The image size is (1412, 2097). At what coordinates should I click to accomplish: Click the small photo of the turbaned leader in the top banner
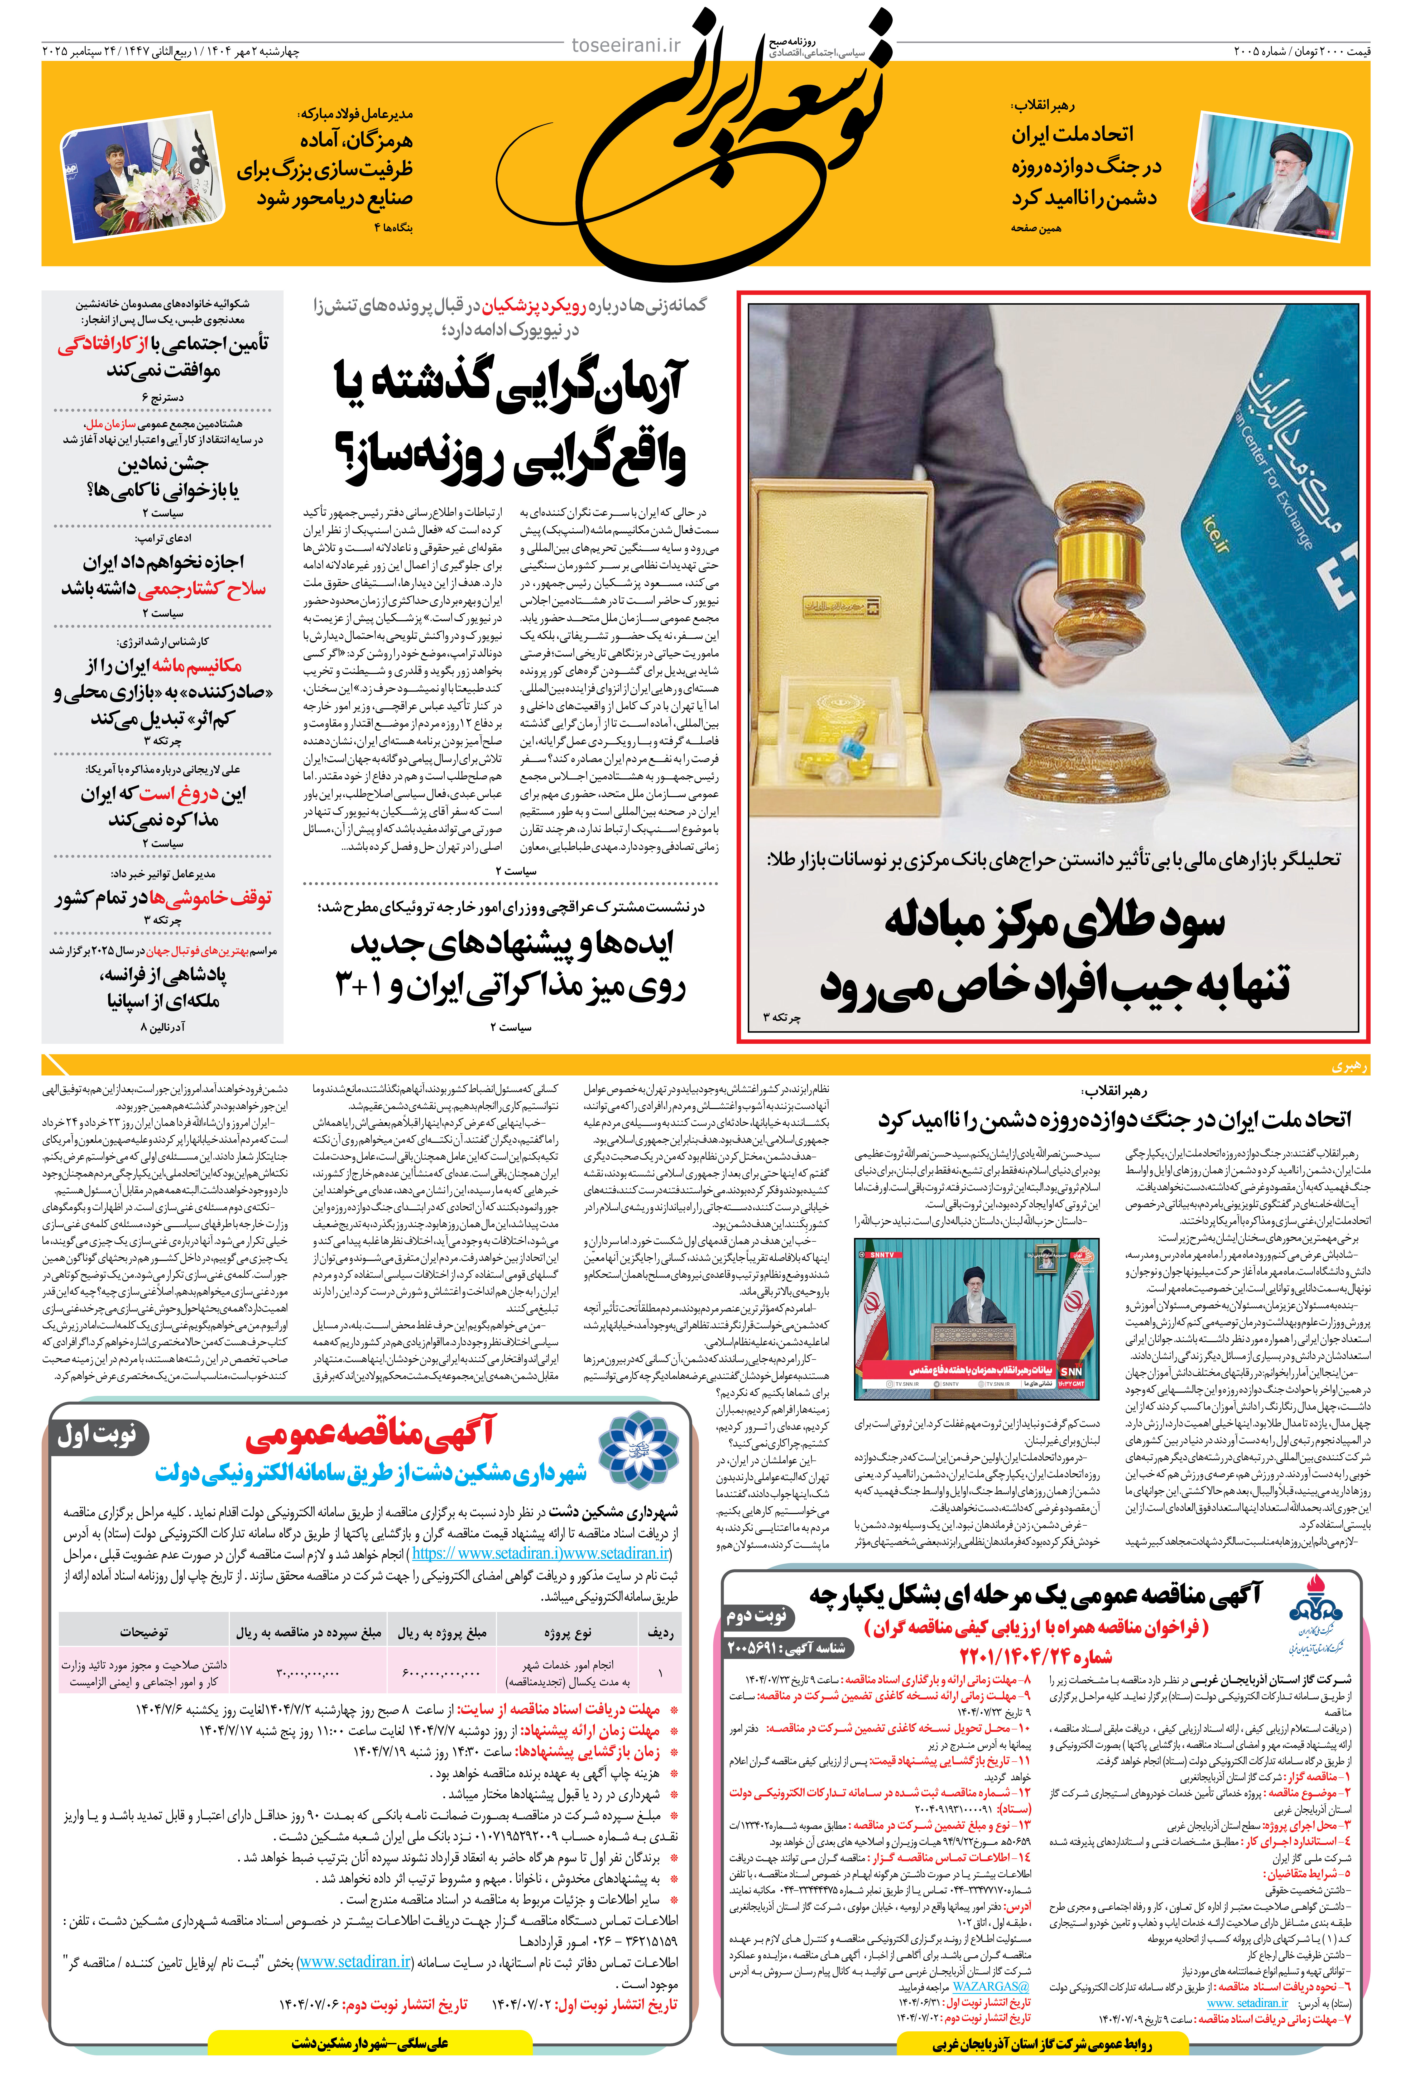click(1270, 176)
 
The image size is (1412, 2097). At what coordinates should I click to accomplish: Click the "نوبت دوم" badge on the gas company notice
click(756, 1614)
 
